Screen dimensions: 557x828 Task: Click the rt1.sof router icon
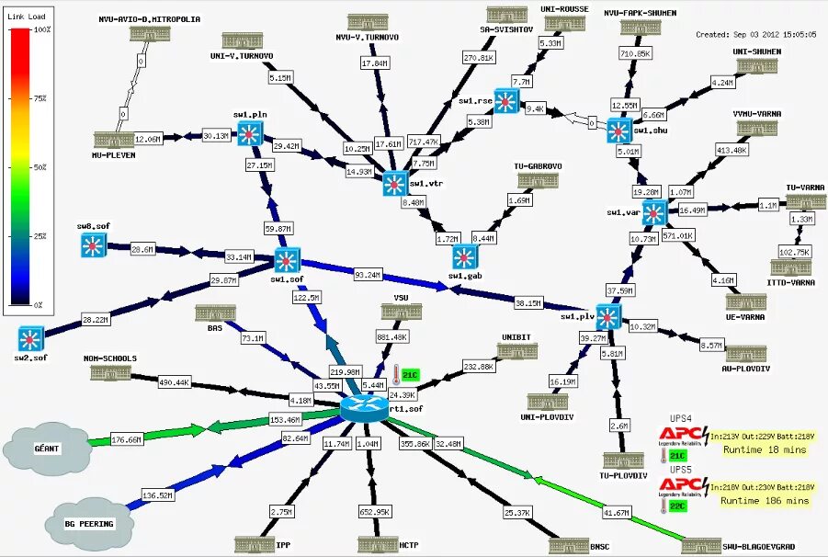coord(365,407)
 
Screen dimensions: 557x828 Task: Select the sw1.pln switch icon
coord(249,134)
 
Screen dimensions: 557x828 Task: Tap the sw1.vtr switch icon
coord(395,183)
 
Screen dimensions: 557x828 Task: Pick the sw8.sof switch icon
coord(93,244)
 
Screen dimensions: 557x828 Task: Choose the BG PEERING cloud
coord(90,522)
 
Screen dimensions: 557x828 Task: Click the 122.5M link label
coord(306,298)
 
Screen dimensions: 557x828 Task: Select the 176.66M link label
coord(127,439)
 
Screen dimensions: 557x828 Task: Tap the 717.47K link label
coord(423,142)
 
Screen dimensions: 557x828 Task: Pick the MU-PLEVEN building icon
coord(114,140)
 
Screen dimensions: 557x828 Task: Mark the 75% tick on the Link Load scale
coord(41,98)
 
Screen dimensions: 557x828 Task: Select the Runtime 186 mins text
coord(764,501)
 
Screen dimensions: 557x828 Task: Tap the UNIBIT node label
coord(517,336)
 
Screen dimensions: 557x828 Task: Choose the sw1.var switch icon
coord(653,213)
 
